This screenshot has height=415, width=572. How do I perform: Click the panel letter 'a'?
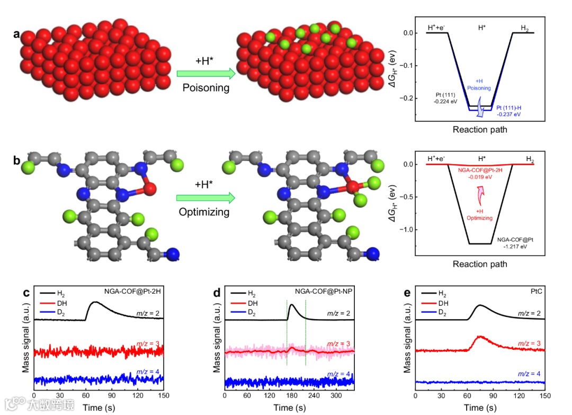pyautogui.click(x=17, y=34)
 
